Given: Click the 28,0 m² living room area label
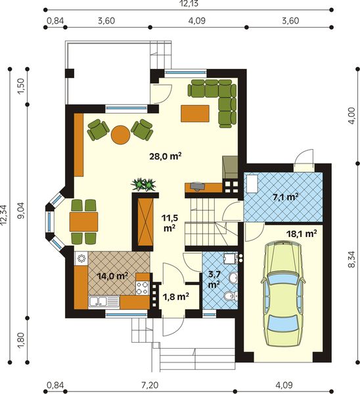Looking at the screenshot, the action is (166, 156).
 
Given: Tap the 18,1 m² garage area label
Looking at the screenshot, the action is (302, 234).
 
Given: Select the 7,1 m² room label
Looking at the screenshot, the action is (286, 197).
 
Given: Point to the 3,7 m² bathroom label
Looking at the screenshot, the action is (214, 280).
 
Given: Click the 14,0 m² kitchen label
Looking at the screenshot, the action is (112, 276).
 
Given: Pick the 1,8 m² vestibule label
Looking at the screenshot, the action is (176, 297).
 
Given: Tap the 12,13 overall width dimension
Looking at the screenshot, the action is (189, 3).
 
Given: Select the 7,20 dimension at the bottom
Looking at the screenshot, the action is (150, 385).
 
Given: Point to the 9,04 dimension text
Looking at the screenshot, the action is (22, 210).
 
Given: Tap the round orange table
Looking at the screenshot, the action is (121, 135).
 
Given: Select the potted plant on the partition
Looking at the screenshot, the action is (144, 185).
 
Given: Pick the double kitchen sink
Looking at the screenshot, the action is (104, 301).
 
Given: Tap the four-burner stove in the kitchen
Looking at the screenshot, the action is (143, 288).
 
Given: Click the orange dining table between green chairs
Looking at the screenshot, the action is (83, 222).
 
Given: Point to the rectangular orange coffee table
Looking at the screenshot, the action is (195, 114).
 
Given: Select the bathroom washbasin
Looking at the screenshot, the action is (233, 277).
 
